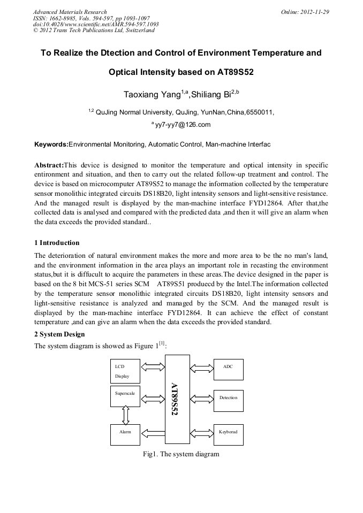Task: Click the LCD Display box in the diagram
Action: coord(125,371)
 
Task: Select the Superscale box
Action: coord(125,399)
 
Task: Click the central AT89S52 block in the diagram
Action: coord(175,399)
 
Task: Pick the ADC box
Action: coord(228,369)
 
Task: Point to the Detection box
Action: coord(228,397)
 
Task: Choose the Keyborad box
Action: coord(228,431)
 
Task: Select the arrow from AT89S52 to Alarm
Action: coord(153,431)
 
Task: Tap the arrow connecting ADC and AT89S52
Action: coord(202,367)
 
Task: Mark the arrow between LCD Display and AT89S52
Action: coord(153,367)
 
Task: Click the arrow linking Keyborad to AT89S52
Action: coord(202,431)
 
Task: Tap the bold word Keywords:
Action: coord(51,144)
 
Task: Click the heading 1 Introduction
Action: coord(57,243)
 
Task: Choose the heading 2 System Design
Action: coord(59,334)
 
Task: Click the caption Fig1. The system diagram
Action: coord(181,454)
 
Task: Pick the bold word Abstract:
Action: coord(49,165)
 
